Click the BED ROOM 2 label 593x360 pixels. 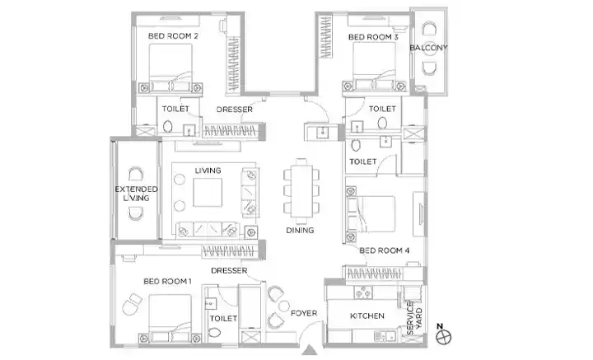[x=173, y=36]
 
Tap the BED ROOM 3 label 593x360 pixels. [x=373, y=37]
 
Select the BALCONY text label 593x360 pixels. [x=428, y=48]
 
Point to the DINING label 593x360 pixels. [x=300, y=230]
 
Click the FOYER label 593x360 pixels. [x=304, y=313]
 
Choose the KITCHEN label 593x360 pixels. [x=367, y=316]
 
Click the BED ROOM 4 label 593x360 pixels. [x=385, y=250]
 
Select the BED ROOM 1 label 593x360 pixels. [x=167, y=282]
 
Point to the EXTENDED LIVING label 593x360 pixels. [x=136, y=194]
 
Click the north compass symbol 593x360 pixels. [x=443, y=337]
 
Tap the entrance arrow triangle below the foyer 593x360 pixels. [x=310, y=350]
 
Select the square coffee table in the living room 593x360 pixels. [x=208, y=193]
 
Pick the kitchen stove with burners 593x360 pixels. [x=363, y=292]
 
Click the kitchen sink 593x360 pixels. [x=385, y=335]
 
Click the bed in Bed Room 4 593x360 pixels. [x=371, y=214]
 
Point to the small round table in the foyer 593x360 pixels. [x=284, y=306]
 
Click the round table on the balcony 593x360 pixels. [x=430, y=48]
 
